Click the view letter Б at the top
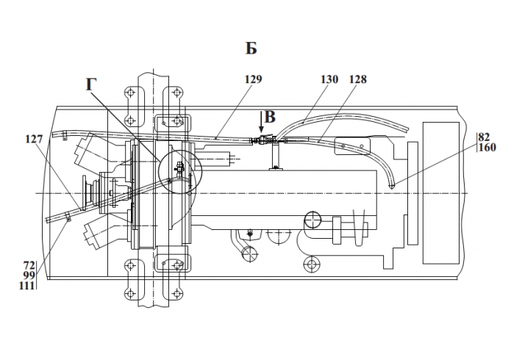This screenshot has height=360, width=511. pos(251,48)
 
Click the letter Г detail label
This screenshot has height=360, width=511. pos(91,84)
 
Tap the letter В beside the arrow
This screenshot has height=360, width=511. pos(270,118)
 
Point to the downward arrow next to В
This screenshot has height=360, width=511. pos(261,122)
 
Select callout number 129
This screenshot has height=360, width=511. pos(253,79)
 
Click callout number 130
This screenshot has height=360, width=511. pos(329,79)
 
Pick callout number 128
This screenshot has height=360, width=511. pos(358,79)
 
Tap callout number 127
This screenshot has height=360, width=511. pos(34,139)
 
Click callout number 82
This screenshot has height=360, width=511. pos(485,137)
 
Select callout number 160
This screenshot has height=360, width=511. pos(487,147)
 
